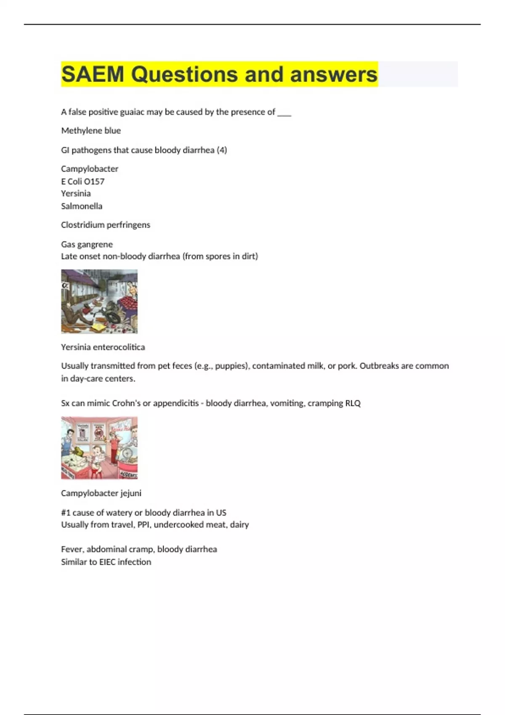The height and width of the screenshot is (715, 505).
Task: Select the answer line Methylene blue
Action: (91, 131)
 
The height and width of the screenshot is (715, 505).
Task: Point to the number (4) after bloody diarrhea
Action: (222, 150)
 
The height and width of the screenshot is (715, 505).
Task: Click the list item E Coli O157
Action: (82, 181)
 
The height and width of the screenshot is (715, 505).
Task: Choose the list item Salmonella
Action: (82, 206)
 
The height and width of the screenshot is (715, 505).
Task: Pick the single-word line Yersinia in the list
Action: (76, 193)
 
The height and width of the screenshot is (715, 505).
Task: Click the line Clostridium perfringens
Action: (105, 225)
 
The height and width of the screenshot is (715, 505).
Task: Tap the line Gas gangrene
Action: (87, 244)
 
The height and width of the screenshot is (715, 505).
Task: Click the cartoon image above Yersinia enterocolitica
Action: (99, 302)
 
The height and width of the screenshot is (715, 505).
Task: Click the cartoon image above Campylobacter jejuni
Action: (99, 448)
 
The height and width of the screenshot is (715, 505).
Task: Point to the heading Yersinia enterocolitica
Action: (103, 347)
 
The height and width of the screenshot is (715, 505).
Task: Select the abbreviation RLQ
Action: (353, 403)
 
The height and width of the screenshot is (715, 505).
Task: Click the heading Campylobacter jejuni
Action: (101, 493)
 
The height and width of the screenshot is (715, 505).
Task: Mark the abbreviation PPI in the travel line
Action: (144, 525)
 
